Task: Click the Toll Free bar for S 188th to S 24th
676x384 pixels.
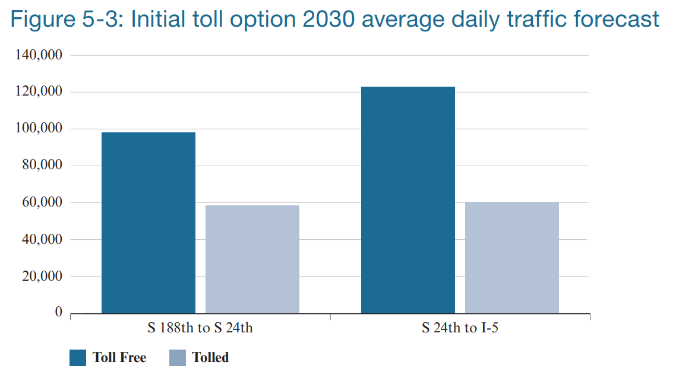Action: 149,223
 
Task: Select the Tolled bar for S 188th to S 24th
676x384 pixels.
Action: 252,259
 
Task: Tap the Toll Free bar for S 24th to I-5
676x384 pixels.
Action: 408,200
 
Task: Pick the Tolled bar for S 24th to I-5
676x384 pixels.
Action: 512,257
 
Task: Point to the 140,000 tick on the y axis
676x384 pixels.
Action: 42,55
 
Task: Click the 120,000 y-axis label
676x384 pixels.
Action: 42,91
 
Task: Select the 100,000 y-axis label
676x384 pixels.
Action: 42,128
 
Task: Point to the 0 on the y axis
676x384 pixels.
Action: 58,312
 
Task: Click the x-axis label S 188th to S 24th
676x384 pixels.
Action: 200,328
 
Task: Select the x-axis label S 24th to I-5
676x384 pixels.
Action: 460,328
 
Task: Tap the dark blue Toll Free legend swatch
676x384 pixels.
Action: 78,358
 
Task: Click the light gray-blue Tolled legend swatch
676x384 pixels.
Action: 178,358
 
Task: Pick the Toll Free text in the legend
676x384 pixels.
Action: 119,358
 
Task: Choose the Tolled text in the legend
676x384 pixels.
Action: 210,358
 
